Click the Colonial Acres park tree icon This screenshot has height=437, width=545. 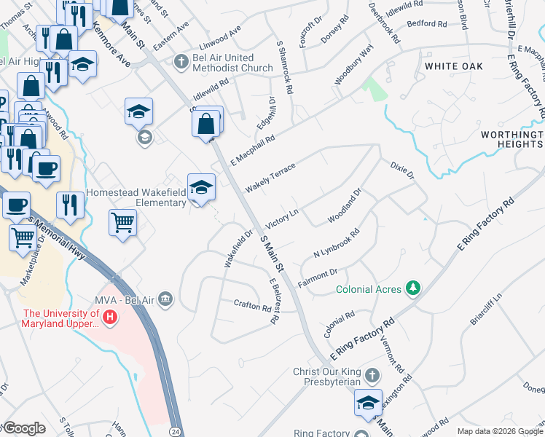[x=413, y=289]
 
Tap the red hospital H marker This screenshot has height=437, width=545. [x=110, y=318]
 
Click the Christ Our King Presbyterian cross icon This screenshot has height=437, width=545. [x=372, y=376]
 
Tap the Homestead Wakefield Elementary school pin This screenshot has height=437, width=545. [x=201, y=189]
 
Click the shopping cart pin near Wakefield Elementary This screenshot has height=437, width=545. [x=123, y=222]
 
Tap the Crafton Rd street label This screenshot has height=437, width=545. [x=252, y=304]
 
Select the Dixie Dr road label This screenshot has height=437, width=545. [x=401, y=170]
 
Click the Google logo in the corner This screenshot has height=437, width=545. [x=24, y=428]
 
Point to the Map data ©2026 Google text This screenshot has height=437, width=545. [x=500, y=431]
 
